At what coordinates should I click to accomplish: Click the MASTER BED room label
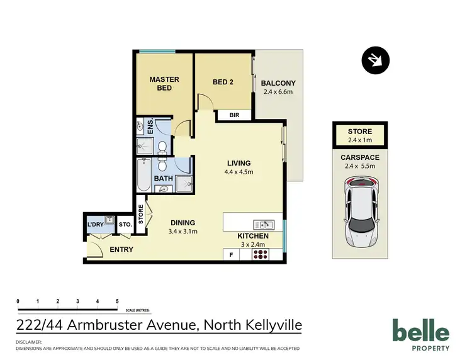pos(164,84)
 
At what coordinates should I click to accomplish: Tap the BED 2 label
pos(223,81)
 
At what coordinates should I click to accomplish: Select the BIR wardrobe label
pos(235,115)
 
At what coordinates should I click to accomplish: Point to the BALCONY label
pos(279,83)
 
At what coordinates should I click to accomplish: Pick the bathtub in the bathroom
pos(143,176)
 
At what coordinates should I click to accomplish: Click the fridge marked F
pos(231,254)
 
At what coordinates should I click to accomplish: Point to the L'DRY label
pos(95,225)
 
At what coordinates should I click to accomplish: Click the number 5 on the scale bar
pos(117,301)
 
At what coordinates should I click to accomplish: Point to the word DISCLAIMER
pos(29,342)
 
